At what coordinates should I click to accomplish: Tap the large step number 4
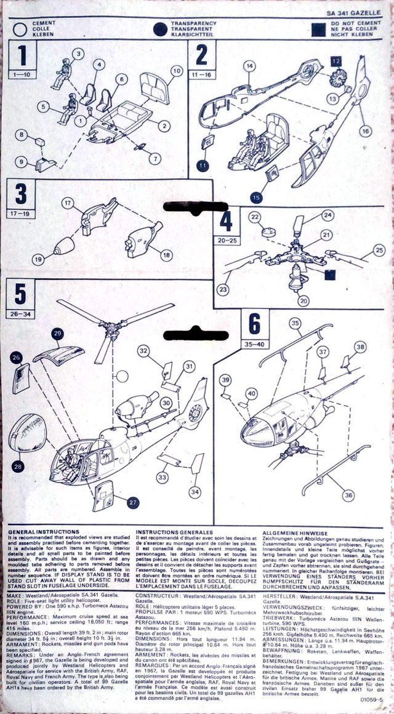click(226, 221)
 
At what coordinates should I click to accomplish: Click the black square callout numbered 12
click(336, 60)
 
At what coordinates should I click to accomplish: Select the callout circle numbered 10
click(175, 71)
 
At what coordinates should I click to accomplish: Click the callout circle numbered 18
click(166, 254)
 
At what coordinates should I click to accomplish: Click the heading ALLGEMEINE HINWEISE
click(295, 532)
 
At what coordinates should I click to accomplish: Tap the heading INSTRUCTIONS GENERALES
click(174, 532)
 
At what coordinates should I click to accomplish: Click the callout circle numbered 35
click(295, 323)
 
